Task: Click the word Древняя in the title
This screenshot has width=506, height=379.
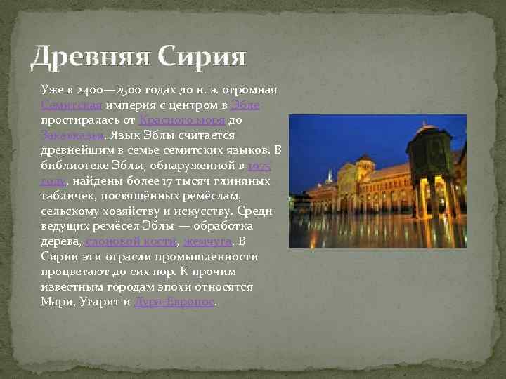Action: [x=90, y=55]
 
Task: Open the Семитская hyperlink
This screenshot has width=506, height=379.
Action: [x=71, y=105]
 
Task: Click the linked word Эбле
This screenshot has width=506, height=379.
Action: [x=245, y=105]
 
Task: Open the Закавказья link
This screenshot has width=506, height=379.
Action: [x=74, y=135]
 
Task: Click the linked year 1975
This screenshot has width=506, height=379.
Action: [x=259, y=166]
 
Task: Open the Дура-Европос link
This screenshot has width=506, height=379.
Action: [x=174, y=302]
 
